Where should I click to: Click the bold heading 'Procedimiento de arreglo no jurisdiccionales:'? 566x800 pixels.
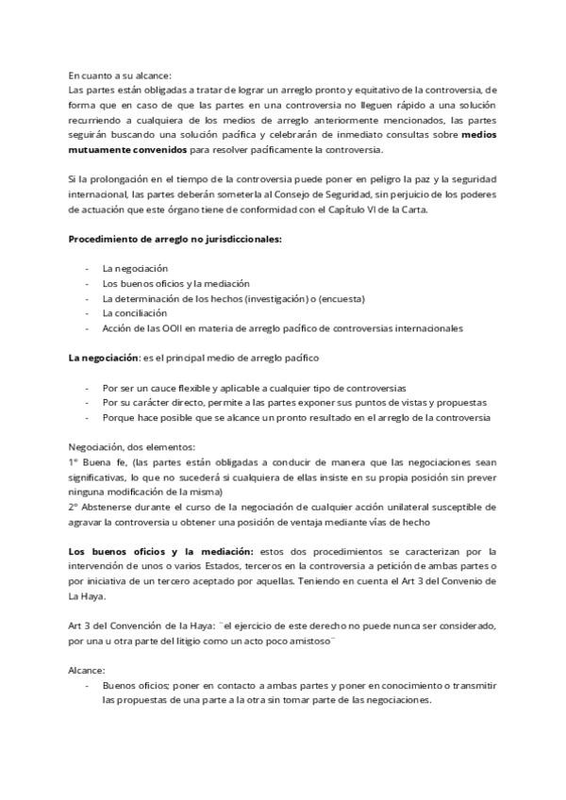(175, 240)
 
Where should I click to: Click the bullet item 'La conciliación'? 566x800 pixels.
(135, 313)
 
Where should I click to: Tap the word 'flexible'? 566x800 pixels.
(203, 387)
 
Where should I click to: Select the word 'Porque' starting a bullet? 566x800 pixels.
(119, 417)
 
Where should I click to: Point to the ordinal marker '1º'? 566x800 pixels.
(74, 462)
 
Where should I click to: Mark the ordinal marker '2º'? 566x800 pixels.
(74, 508)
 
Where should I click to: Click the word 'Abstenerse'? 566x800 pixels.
(111, 508)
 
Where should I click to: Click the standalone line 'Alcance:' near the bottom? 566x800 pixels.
(87, 671)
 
